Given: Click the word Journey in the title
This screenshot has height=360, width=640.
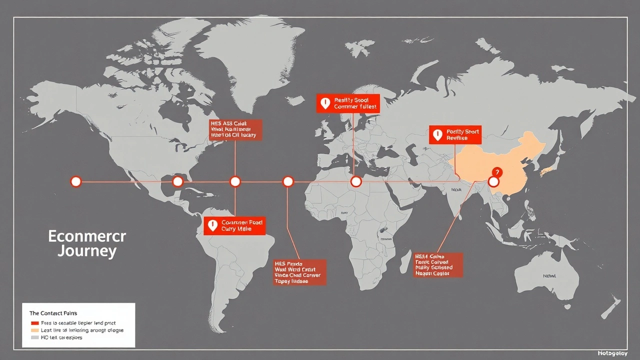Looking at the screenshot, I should tap(87, 250).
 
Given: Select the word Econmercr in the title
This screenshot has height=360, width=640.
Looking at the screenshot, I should tap(87, 236).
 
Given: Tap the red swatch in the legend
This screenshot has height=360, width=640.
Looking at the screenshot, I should tap(34, 323).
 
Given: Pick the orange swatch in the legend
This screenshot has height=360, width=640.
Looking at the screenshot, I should tap(34, 330).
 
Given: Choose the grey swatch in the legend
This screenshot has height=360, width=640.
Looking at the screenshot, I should tap(34, 337).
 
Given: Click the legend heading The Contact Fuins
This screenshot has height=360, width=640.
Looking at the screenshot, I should tap(53, 313).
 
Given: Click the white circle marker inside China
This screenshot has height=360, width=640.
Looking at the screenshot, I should tap(493, 181).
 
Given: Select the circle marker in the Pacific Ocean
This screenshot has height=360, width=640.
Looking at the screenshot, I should tap(76, 181).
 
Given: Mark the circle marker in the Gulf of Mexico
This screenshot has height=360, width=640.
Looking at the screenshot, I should tap(177, 181).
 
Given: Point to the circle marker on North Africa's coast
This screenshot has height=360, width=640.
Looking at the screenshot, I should tap(356, 181).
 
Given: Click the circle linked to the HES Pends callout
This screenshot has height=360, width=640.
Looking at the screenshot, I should tap(287, 181).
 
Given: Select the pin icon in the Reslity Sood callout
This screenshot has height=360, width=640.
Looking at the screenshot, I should tap(325, 103).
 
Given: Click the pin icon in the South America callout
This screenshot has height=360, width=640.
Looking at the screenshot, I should tap(212, 225).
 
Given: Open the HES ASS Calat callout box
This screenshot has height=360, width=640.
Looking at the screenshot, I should tap(235, 129).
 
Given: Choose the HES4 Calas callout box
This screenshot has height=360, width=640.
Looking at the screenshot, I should tap(438, 265).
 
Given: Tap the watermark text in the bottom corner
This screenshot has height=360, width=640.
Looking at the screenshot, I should tap(612, 353).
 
